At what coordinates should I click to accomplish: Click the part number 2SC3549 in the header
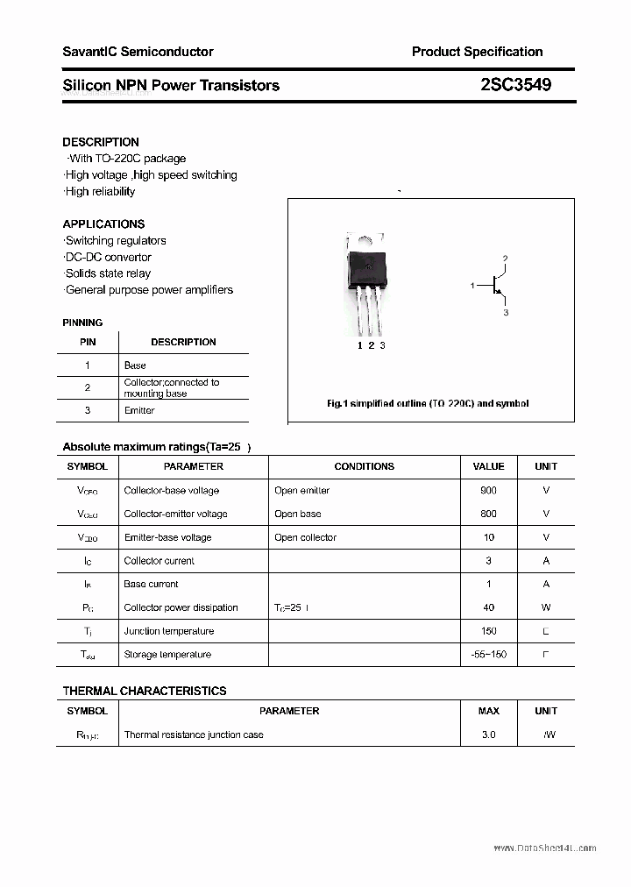pyautogui.click(x=515, y=85)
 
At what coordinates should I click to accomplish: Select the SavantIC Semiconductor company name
pyautogui.click(x=138, y=52)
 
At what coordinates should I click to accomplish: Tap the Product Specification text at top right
pyautogui.click(x=477, y=52)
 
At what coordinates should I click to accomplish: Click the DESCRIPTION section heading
pyautogui.click(x=101, y=142)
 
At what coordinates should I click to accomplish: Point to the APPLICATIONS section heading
pyautogui.click(x=103, y=224)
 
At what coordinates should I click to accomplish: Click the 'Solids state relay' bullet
pyautogui.click(x=107, y=273)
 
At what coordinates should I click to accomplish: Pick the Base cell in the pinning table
pyautogui.click(x=135, y=365)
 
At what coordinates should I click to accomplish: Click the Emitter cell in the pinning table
pyautogui.click(x=139, y=410)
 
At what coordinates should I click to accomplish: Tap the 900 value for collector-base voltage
pyautogui.click(x=488, y=491)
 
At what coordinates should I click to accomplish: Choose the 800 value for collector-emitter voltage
pyautogui.click(x=488, y=514)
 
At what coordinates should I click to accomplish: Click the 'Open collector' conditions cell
pyautogui.click(x=305, y=537)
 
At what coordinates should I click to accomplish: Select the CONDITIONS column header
pyautogui.click(x=364, y=466)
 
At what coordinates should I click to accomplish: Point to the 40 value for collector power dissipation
pyautogui.click(x=488, y=607)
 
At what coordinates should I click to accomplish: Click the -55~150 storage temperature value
pyautogui.click(x=488, y=655)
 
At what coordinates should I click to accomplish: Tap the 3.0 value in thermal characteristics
pyautogui.click(x=488, y=734)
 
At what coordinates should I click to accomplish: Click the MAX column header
pyautogui.click(x=488, y=711)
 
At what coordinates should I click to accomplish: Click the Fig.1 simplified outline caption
pyautogui.click(x=428, y=404)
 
